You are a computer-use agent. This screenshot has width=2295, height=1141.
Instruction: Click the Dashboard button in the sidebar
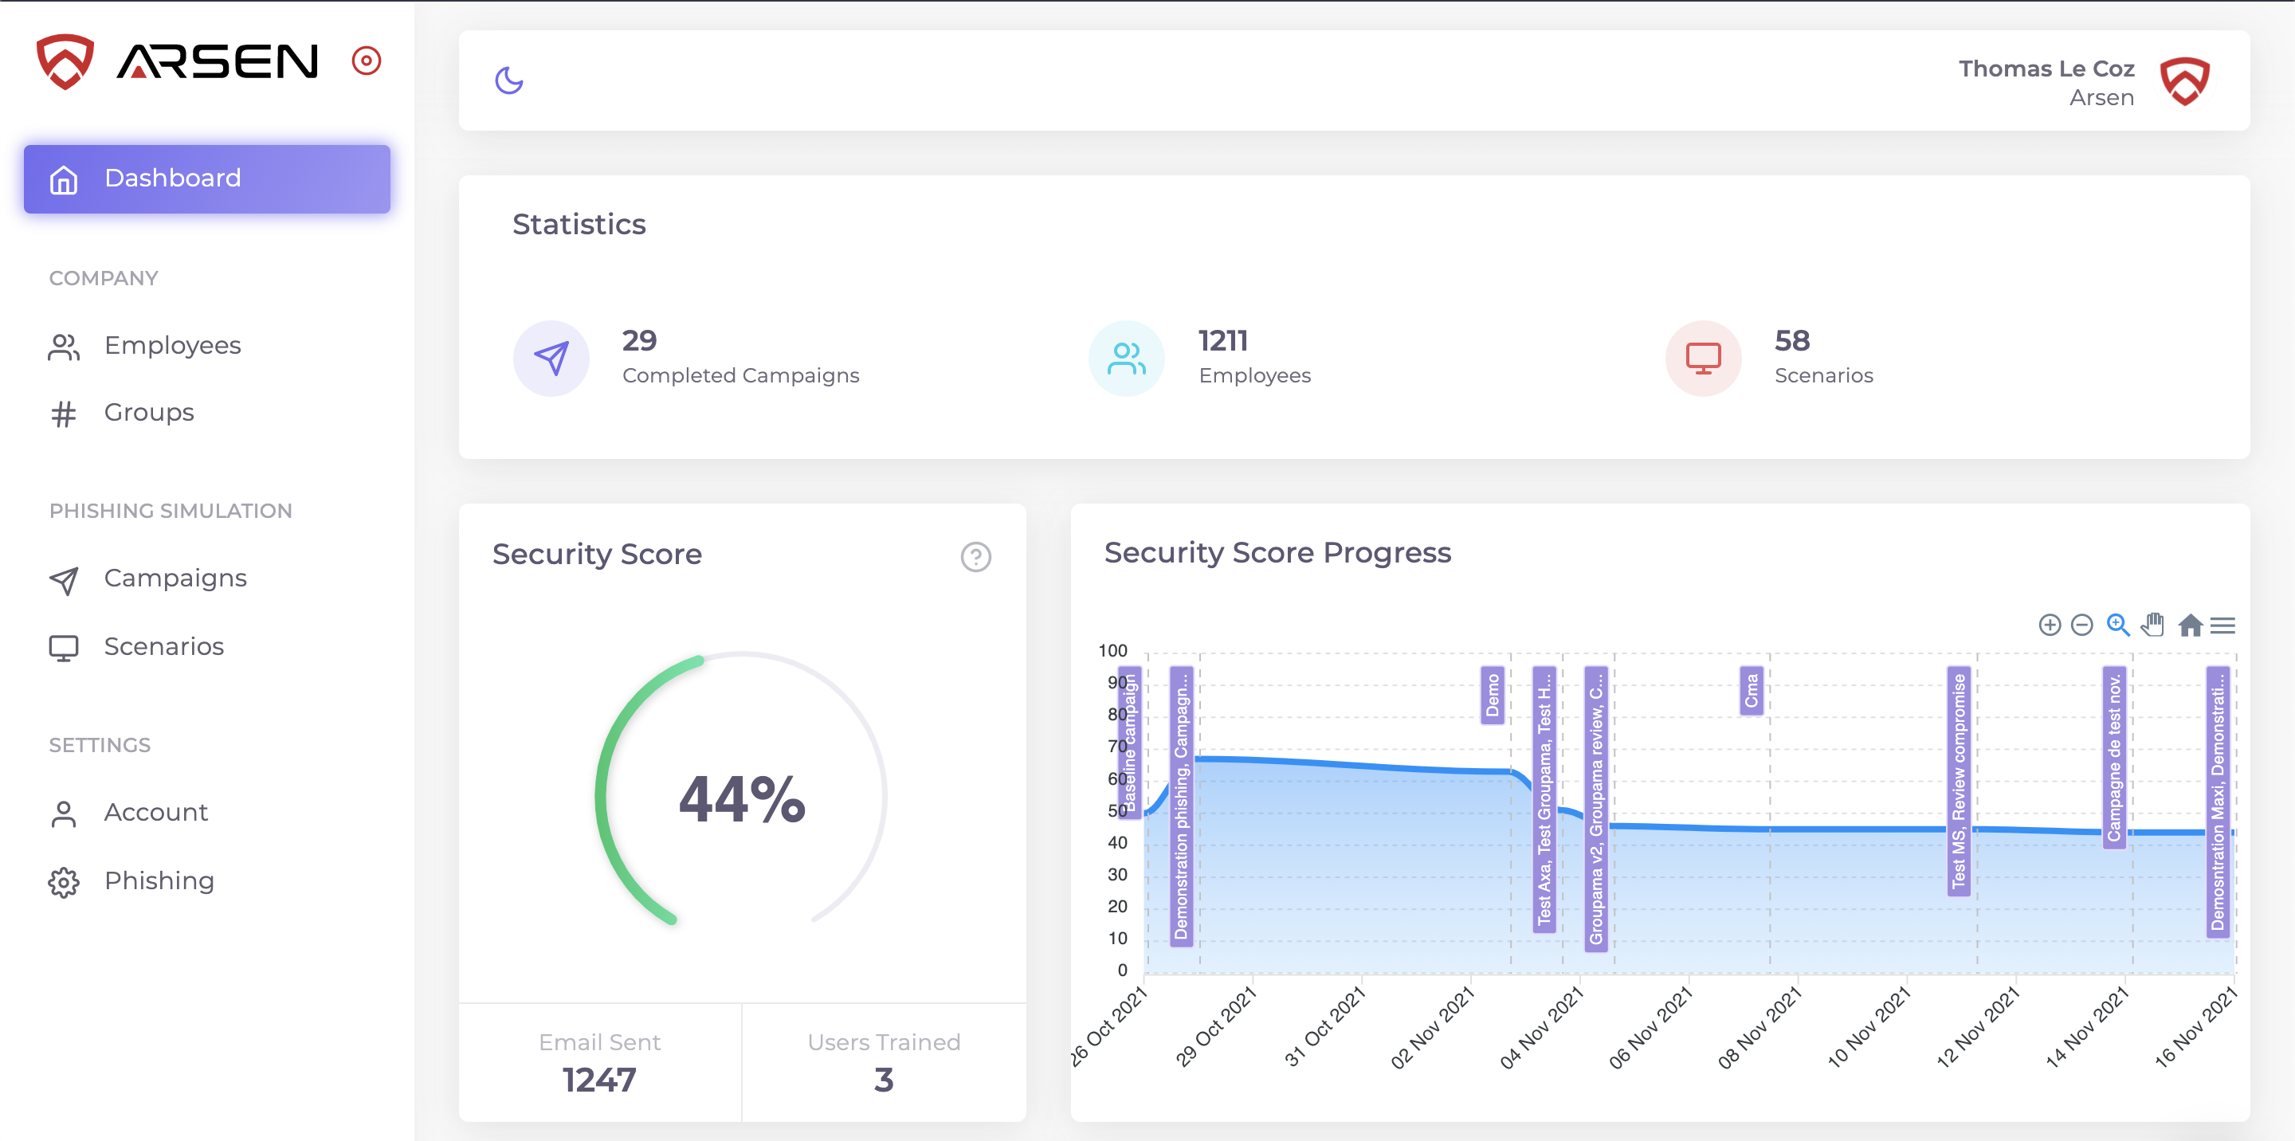(206, 178)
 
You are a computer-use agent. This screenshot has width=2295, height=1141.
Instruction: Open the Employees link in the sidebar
(172, 346)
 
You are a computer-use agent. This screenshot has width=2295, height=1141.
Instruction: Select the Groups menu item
(149, 413)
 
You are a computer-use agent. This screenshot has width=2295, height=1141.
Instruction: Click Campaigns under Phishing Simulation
(175, 578)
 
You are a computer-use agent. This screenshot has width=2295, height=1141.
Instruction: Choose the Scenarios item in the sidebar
(164, 647)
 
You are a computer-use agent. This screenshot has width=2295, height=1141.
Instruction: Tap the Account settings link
(156, 813)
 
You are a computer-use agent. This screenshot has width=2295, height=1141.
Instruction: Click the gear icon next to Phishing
(63, 882)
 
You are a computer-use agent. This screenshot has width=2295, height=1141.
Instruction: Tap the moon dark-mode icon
(508, 80)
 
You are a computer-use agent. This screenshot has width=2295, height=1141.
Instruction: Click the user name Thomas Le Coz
(2046, 69)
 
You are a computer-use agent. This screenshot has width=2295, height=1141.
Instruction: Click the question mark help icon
(975, 557)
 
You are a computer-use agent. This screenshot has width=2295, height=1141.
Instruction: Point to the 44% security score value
(741, 799)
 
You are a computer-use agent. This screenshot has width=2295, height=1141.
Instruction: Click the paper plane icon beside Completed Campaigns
(551, 358)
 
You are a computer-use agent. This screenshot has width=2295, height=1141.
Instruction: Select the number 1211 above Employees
(1222, 340)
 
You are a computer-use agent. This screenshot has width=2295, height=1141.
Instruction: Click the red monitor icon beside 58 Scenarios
(1703, 358)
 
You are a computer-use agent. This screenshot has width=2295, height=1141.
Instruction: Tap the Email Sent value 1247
(598, 1080)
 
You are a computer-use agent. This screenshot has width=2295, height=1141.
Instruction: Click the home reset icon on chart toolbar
(2190, 625)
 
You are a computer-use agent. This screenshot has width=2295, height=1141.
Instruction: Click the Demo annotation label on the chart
(1493, 695)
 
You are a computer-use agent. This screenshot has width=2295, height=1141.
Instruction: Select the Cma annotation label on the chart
(1751, 690)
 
